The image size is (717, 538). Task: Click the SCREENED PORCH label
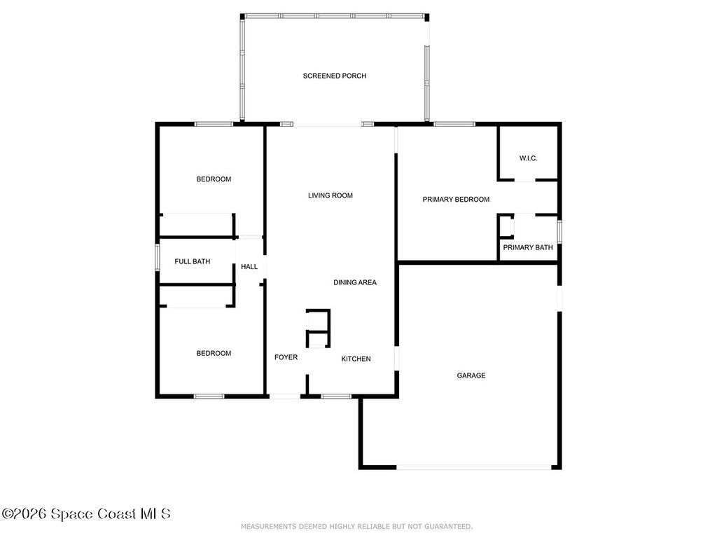click(x=334, y=76)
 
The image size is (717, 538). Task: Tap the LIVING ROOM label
click(x=330, y=195)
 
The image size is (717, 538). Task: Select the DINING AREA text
click(x=355, y=282)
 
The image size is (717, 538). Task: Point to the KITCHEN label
click(x=356, y=359)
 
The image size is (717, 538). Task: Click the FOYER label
click(x=286, y=357)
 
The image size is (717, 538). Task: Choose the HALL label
click(x=249, y=266)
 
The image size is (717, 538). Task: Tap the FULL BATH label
click(x=192, y=261)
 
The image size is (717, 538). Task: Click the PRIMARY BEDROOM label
click(x=456, y=200)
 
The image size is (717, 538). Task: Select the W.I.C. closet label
click(x=528, y=158)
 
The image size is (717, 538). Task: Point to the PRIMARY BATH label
click(x=528, y=247)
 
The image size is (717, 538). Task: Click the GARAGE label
click(x=471, y=375)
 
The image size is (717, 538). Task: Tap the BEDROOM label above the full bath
click(x=214, y=179)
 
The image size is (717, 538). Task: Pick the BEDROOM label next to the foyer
click(x=214, y=353)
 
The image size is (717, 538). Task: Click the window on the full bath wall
click(x=158, y=258)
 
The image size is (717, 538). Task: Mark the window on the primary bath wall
click(x=559, y=231)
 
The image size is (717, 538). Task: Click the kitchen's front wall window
click(x=336, y=396)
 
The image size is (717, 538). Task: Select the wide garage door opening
click(x=474, y=467)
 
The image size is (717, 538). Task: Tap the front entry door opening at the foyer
click(x=284, y=396)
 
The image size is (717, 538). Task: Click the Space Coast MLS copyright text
click(x=86, y=513)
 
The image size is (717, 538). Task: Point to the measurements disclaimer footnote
click(x=356, y=527)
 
